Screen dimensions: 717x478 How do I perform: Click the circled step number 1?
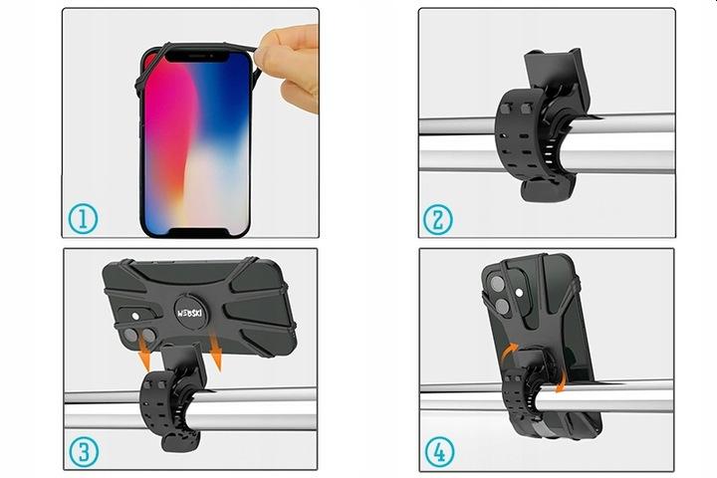point(83,219)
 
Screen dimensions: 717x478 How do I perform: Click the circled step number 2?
point(438,219)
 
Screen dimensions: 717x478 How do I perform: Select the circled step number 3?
point(84,451)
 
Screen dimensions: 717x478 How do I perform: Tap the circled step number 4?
point(439,452)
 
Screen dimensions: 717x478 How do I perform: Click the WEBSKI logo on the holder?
point(190,313)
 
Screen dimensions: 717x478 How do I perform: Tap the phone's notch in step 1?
point(196,56)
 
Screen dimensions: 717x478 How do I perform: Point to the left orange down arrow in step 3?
point(143,357)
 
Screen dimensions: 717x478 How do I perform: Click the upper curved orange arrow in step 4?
point(510,353)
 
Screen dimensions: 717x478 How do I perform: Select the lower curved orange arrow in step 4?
point(561,380)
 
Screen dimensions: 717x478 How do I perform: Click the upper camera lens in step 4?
point(498,285)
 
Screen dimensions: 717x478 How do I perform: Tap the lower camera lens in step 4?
point(503,307)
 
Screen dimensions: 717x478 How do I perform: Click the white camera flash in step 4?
point(519,293)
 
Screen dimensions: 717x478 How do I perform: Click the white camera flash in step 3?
point(135,316)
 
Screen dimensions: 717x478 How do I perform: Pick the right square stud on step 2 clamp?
point(527,109)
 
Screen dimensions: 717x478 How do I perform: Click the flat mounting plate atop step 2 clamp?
point(555,69)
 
